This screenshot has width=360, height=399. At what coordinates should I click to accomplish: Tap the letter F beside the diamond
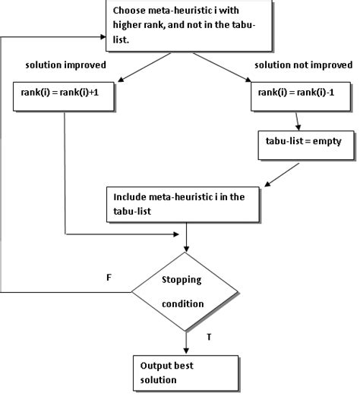point(109,278)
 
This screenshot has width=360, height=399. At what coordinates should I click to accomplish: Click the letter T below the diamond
point(210,333)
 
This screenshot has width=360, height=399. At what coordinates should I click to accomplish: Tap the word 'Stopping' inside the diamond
point(182,279)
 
